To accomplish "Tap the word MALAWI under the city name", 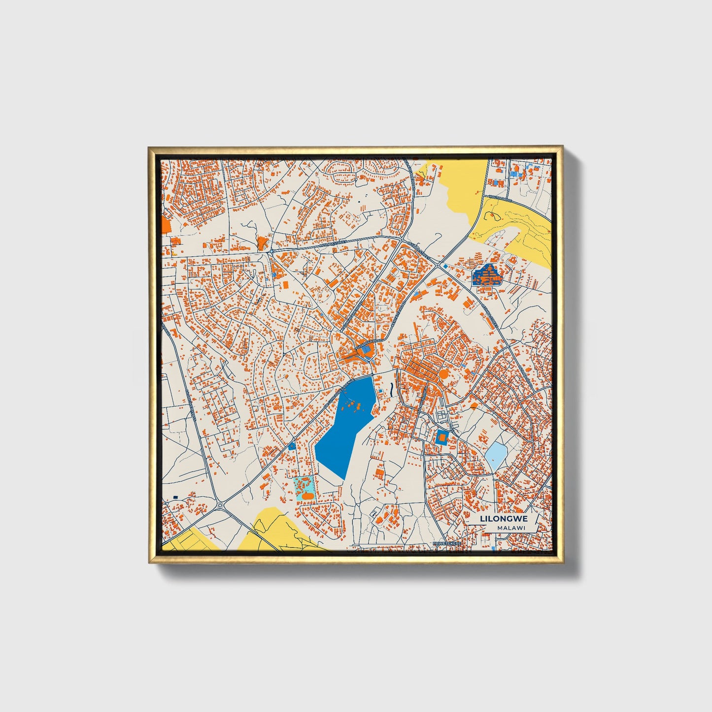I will pyautogui.click(x=511, y=528).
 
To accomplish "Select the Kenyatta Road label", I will pyautogui.click(x=400, y=313).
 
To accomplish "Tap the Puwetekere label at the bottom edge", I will pyautogui.click(x=446, y=542).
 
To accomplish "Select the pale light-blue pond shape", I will pyautogui.click(x=496, y=456).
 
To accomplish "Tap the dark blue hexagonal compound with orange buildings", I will pyautogui.click(x=486, y=275).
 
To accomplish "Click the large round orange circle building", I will pyautogui.click(x=443, y=374).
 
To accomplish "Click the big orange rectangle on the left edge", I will pyautogui.click(x=166, y=226).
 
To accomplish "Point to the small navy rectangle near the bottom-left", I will pyautogui.click(x=174, y=498).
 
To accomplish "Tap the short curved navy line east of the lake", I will pyautogui.click(x=391, y=389).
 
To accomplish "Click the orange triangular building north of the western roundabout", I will pyautogui.click(x=262, y=242).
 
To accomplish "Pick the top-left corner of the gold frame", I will pyautogui.click(x=150, y=147).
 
